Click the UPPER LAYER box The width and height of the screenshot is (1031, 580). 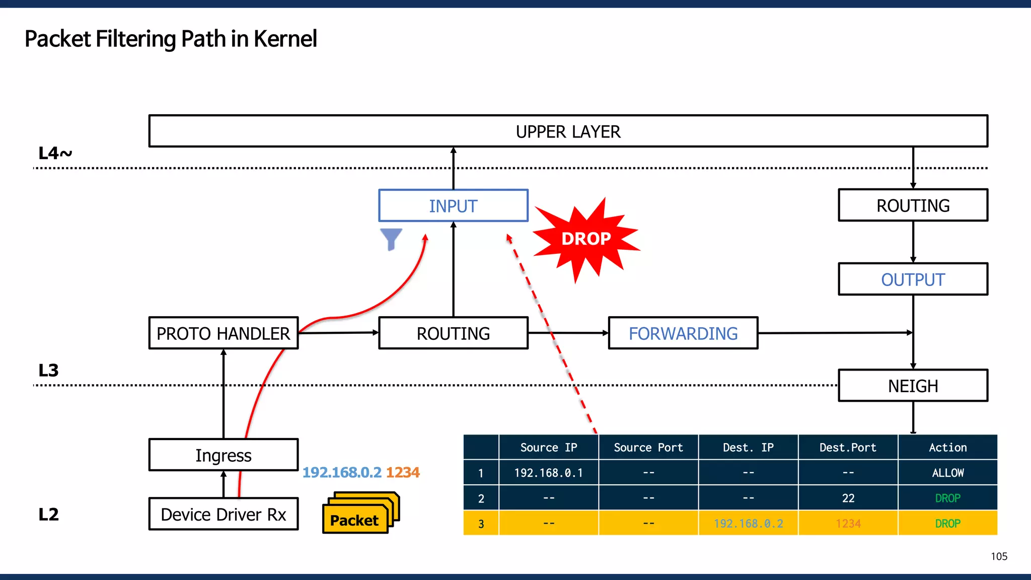(x=568, y=131)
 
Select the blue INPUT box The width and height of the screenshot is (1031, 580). (x=453, y=206)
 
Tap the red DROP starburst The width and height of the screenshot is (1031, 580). (x=585, y=239)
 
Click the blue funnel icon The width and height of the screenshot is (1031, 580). (x=391, y=238)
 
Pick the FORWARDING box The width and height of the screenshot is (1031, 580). (x=683, y=333)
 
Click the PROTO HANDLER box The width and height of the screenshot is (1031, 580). (x=223, y=333)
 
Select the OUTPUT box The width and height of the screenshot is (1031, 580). (x=913, y=279)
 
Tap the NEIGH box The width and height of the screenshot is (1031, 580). (x=913, y=386)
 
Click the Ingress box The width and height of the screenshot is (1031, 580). (x=223, y=455)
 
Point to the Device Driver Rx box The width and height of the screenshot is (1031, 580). (x=223, y=514)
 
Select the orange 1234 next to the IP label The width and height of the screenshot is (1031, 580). (x=403, y=472)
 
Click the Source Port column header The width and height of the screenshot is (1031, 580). (x=648, y=448)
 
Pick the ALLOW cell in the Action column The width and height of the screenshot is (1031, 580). (x=947, y=473)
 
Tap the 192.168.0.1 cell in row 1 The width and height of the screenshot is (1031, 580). (x=548, y=473)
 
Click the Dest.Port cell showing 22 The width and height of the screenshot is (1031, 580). (x=848, y=498)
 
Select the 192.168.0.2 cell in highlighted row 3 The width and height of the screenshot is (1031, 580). (x=748, y=524)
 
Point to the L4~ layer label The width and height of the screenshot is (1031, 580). (x=55, y=153)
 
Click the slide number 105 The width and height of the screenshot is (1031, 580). (x=999, y=556)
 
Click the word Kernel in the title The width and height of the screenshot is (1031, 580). (x=285, y=39)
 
